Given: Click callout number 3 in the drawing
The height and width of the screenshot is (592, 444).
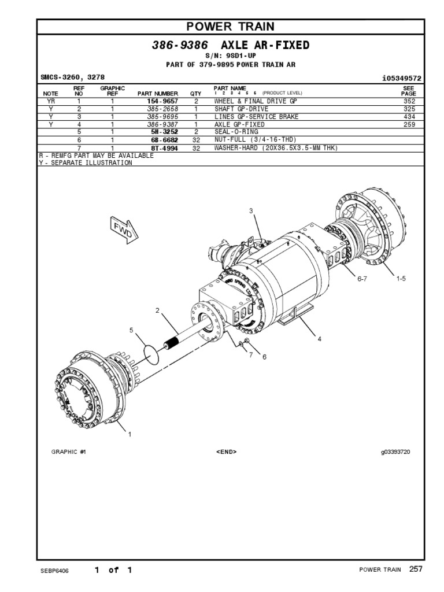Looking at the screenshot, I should click(251, 211).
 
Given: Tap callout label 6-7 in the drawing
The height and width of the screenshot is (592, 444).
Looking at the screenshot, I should click(362, 279).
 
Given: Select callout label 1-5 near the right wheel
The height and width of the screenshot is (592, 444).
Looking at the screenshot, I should click(401, 279).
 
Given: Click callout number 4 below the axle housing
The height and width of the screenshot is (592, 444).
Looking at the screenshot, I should click(319, 339).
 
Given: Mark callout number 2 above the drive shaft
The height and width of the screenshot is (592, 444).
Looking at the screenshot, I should click(157, 311).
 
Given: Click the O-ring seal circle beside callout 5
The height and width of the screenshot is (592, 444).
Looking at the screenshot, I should click(150, 354).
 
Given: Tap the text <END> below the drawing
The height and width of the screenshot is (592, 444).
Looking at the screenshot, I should click(226, 452).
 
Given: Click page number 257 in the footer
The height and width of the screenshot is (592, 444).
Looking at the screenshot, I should click(416, 569).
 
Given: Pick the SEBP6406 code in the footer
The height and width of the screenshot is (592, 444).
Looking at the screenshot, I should click(55, 571).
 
